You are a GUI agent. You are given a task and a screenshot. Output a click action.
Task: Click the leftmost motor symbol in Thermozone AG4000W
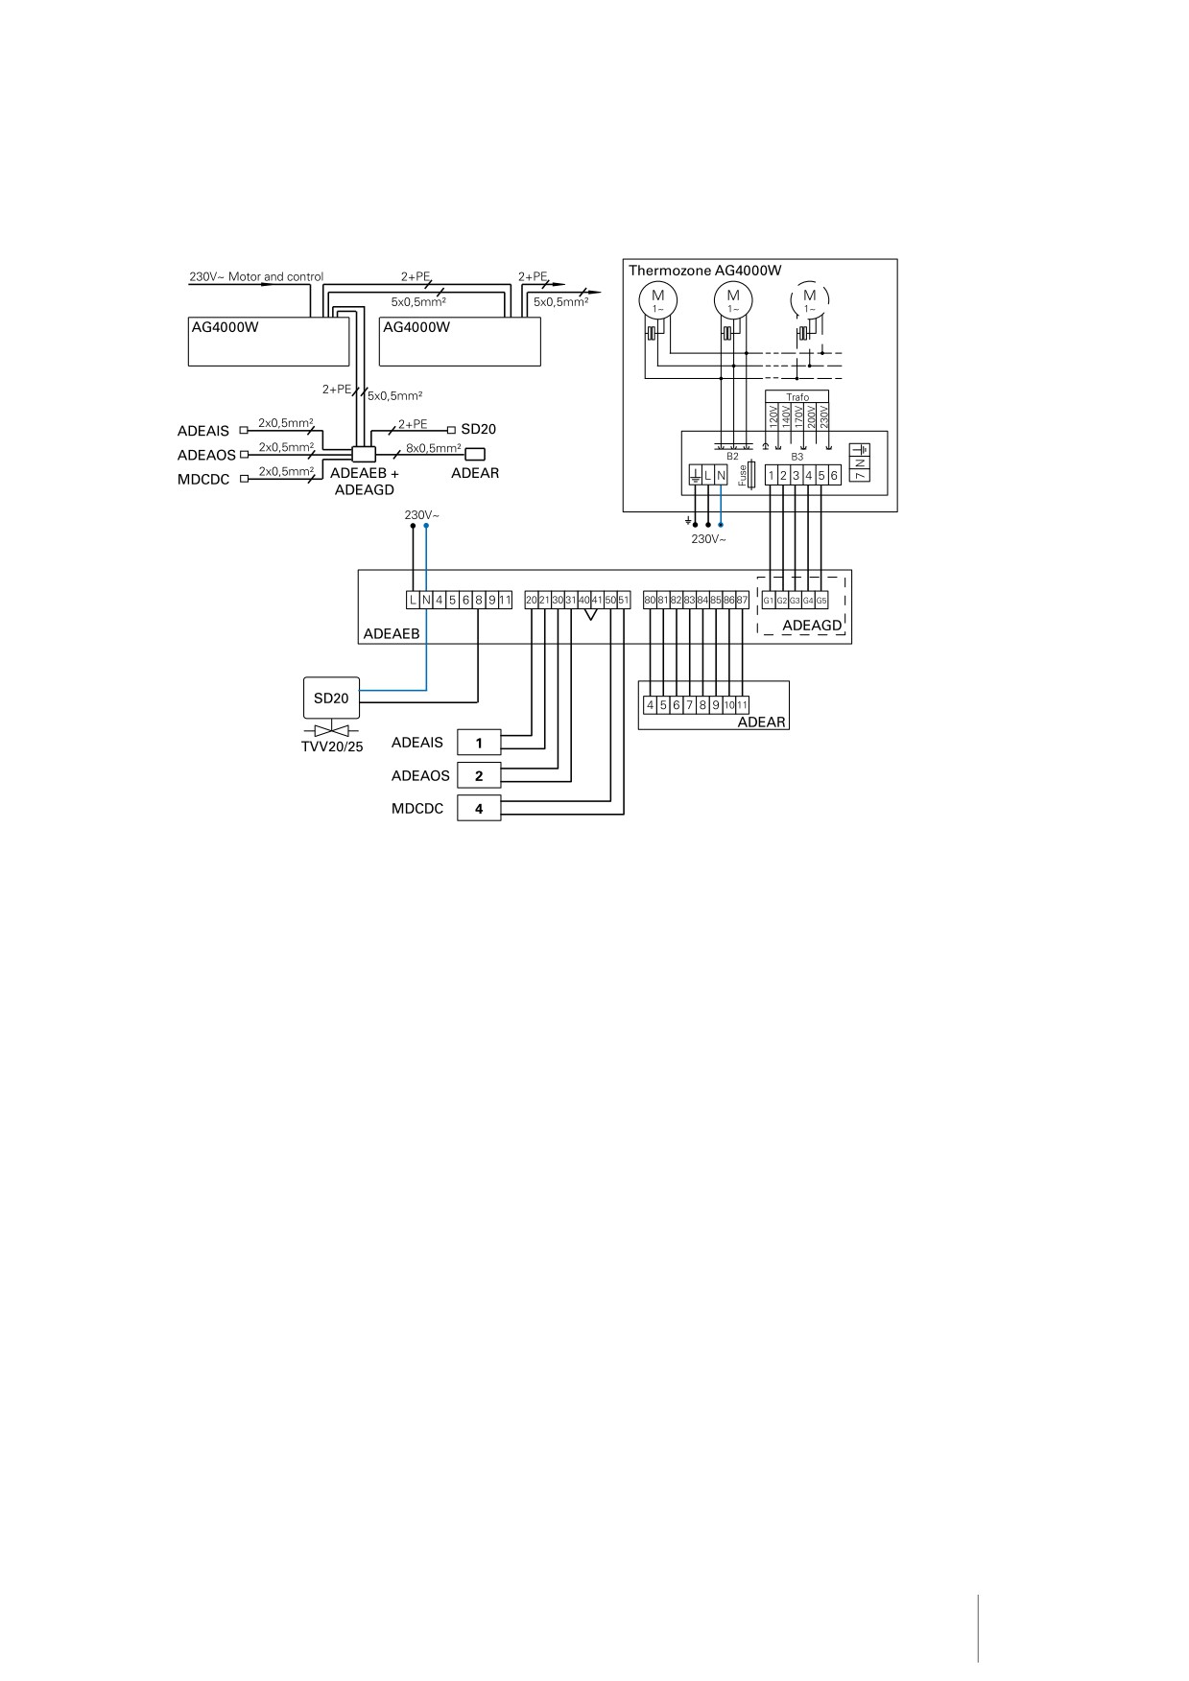[x=658, y=299]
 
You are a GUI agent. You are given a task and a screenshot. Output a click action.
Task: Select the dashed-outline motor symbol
[x=809, y=299]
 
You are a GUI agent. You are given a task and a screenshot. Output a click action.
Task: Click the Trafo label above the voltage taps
[x=797, y=397]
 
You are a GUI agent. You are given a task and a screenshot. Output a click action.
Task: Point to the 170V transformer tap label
[x=798, y=415]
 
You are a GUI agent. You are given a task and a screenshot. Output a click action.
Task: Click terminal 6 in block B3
[x=834, y=476]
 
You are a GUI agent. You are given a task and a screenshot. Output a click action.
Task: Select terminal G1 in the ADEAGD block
[x=769, y=601]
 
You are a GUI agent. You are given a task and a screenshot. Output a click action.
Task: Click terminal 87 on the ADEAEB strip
[x=742, y=601]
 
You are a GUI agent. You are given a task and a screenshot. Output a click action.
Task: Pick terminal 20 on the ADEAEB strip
[x=532, y=601]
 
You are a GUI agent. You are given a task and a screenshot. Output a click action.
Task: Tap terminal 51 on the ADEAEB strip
[x=624, y=601]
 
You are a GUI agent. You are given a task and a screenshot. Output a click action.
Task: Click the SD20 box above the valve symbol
[x=331, y=698]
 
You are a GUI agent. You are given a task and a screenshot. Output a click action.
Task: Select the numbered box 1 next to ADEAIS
[x=479, y=743]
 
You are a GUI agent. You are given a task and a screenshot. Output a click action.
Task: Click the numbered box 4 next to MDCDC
[x=479, y=808]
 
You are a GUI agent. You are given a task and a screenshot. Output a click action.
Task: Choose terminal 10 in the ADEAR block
[x=729, y=705]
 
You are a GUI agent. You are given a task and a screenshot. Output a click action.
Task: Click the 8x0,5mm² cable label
[x=434, y=448]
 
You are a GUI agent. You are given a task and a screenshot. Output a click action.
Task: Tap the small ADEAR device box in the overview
[x=476, y=455]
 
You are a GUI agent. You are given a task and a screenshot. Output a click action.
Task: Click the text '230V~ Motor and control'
[x=256, y=277]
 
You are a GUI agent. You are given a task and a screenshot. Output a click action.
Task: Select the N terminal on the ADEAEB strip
[x=426, y=601]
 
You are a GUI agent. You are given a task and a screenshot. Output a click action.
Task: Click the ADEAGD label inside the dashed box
[x=812, y=626]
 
